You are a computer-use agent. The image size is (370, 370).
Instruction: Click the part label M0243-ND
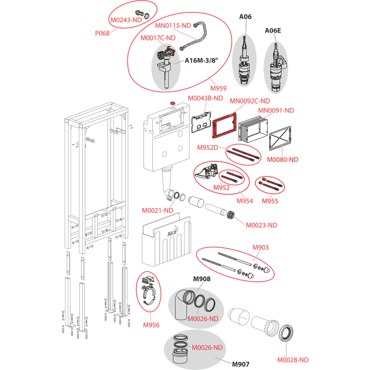click(x=126, y=20)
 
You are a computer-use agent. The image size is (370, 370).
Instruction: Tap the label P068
click(x=102, y=33)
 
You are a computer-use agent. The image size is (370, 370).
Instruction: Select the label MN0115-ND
click(x=173, y=26)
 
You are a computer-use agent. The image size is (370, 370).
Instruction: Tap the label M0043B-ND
click(x=205, y=98)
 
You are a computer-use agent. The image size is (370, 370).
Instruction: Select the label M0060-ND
click(x=283, y=160)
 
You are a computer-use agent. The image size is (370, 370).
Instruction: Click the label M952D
click(x=208, y=147)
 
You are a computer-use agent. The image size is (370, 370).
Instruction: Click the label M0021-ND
click(x=157, y=211)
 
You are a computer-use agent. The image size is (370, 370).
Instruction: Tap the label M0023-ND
click(x=261, y=225)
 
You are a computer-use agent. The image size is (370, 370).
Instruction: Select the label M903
click(x=260, y=248)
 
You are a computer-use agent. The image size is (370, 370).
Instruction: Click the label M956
click(x=151, y=325)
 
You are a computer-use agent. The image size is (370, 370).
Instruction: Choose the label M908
click(x=201, y=279)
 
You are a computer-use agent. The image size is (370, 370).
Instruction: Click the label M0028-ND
click(x=293, y=359)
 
